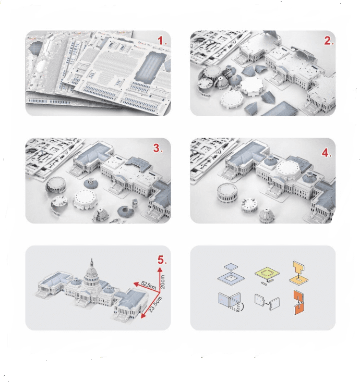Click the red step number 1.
161,41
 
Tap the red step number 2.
328,41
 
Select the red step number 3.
158,148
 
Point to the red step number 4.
326,153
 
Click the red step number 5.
161,260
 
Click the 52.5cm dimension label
148,285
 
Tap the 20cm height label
163,282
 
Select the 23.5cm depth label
155,304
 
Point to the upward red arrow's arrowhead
160,269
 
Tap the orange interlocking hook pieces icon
298,302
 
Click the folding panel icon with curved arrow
231,302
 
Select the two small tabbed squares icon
267,302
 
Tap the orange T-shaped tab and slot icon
299,273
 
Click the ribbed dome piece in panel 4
267,216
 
